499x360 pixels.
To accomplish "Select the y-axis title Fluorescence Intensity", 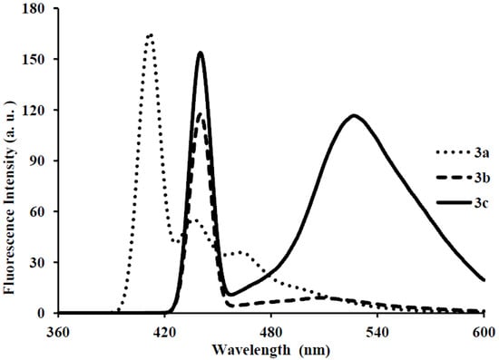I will click(x=11, y=161).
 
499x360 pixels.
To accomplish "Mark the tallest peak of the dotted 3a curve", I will click(x=150, y=34).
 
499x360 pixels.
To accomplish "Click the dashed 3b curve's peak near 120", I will click(x=201, y=113).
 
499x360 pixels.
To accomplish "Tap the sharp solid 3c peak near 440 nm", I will click(x=201, y=53).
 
